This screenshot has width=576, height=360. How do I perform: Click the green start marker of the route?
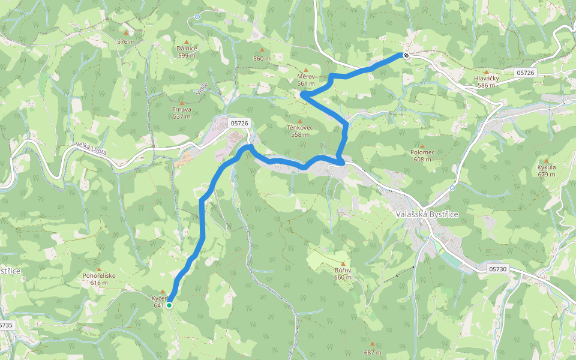pyautogui.click(x=169, y=305)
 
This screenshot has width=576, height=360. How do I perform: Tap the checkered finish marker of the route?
pyautogui.click(x=406, y=56)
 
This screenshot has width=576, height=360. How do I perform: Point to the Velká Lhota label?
pyautogui.click(x=91, y=148)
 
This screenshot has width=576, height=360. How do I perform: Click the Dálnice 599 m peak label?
pyautogui.click(x=187, y=52)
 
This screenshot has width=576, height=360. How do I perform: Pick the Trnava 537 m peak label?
pyautogui.click(x=182, y=113)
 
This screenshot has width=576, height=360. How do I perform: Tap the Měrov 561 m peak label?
pyautogui.click(x=306, y=80)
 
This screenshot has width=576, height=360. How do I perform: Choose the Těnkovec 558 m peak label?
pyautogui.click(x=299, y=131)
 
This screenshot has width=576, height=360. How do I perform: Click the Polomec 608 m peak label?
pyautogui.click(x=422, y=156)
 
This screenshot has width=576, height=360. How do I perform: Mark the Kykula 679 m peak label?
pyautogui.click(x=547, y=170)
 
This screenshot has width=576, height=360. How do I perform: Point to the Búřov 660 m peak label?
pyautogui.click(x=343, y=274)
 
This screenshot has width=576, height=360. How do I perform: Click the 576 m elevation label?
pyautogui.click(x=126, y=41)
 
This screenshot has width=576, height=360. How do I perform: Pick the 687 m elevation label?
pyautogui.click(x=372, y=352)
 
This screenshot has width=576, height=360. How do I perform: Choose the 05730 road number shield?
pyautogui.click(x=498, y=269)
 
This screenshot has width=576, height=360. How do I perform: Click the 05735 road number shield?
pyautogui.click(x=5, y=325)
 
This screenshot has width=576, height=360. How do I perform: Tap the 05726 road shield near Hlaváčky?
pyautogui.click(x=525, y=73)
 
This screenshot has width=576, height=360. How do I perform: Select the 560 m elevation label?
pyautogui.click(x=262, y=58)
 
